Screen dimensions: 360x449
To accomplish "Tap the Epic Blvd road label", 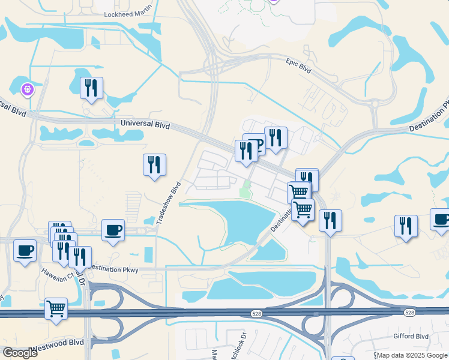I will coord(298,65).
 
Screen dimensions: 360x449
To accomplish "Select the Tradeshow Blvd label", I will coord(169,203).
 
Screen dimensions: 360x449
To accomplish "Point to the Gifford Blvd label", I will coord(411,337).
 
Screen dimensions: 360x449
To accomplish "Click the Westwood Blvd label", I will coord(58,342).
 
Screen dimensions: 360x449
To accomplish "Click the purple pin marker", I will coord(28,90).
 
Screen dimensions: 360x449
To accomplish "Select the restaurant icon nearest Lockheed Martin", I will coord(91,88).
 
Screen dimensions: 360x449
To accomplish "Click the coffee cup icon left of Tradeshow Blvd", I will coord(113,230).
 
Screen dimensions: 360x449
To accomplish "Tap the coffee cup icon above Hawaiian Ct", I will coord(25,250).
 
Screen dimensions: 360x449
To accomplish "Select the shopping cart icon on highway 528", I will coord(56,309).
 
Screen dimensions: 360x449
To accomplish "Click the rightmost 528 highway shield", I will coord(409,313).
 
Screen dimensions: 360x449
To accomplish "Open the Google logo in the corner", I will coord(20,352).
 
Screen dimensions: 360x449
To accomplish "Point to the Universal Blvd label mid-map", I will coord(145,124).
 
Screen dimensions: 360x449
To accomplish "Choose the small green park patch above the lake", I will coord(244,192).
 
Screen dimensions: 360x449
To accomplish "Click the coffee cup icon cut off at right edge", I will coord(441,220).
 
